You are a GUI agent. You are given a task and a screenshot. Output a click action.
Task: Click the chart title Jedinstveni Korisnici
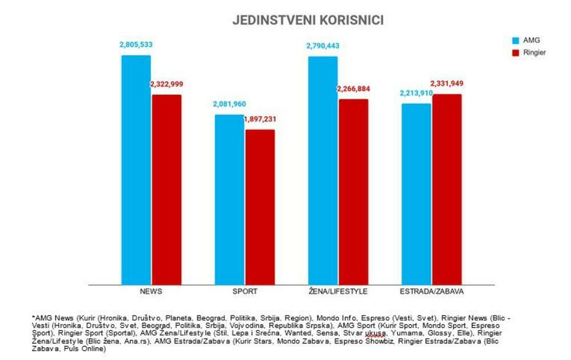click(x=308, y=20)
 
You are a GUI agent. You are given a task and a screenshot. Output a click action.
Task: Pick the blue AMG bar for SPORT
click(x=229, y=200)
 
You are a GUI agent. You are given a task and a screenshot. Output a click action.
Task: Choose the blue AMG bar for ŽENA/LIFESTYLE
click(x=323, y=171)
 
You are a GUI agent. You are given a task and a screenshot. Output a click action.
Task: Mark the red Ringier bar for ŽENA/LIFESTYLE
click(x=353, y=192)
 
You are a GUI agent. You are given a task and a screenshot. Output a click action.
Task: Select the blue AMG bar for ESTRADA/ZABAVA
click(x=416, y=194)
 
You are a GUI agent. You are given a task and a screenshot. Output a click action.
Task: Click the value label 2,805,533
click(x=136, y=45)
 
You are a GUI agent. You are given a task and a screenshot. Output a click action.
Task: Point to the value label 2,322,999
click(x=167, y=84)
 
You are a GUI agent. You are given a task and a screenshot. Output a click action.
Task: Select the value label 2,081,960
click(x=230, y=104)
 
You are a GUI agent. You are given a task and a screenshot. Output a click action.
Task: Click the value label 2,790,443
click(x=323, y=45)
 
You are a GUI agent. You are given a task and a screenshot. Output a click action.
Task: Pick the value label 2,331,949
click(x=447, y=84)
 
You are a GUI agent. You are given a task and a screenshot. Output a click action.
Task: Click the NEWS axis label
click(x=151, y=291)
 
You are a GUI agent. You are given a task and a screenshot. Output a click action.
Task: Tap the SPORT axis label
click(x=244, y=291)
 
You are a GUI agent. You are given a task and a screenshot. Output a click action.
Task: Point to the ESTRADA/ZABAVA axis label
click(x=432, y=291)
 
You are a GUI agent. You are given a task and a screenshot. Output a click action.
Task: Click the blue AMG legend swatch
click(x=514, y=41)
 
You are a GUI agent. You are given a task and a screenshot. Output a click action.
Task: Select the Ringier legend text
click(x=534, y=52)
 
